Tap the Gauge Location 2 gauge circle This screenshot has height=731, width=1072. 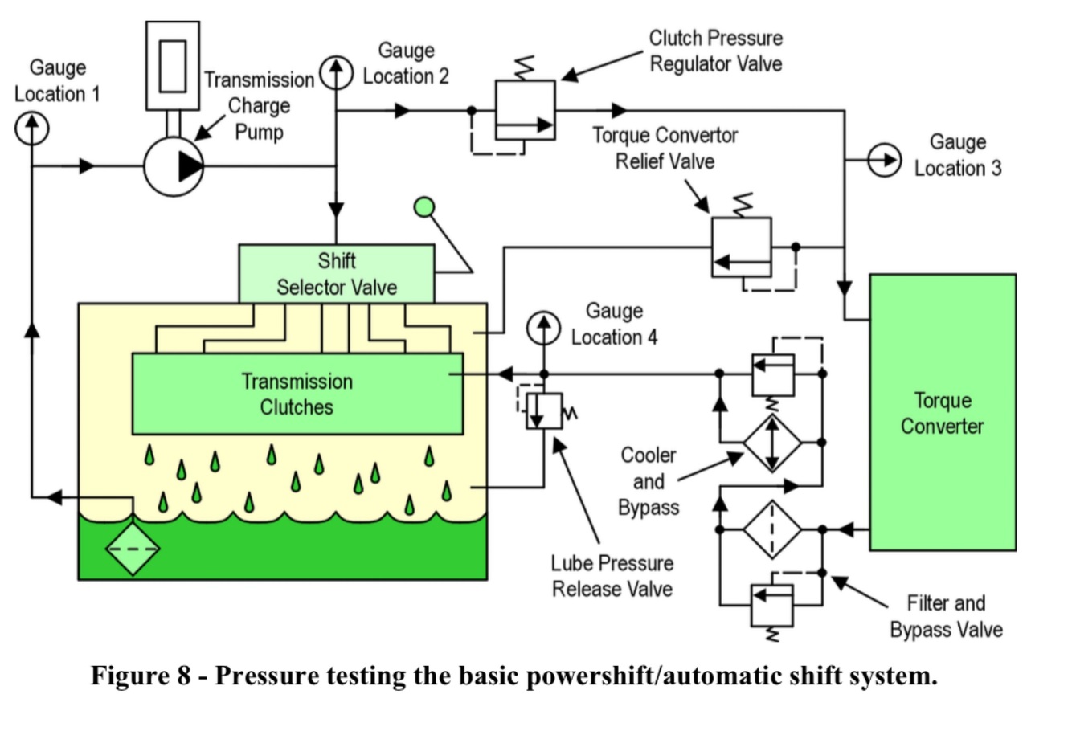point(337,73)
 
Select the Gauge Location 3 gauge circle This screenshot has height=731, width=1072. point(884,161)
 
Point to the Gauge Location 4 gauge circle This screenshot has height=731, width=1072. point(544,329)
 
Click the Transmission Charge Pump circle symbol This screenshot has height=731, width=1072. point(174,166)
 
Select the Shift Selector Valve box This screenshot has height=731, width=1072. point(337,274)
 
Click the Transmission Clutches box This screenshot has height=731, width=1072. point(297,394)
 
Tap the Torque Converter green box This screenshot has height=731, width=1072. point(942,412)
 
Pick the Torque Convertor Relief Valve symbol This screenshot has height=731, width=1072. point(741,247)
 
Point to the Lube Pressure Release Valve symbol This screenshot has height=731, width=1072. point(542,410)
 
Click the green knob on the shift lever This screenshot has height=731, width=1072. point(423,208)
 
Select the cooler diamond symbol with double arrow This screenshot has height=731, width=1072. point(771,443)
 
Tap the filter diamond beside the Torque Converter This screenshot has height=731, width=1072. point(771,529)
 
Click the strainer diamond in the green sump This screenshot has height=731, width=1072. point(133,549)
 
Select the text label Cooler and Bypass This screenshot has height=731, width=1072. point(649,481)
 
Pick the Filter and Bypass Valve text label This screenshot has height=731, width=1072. point(946,616)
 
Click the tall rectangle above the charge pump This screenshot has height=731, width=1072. point(173,65)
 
